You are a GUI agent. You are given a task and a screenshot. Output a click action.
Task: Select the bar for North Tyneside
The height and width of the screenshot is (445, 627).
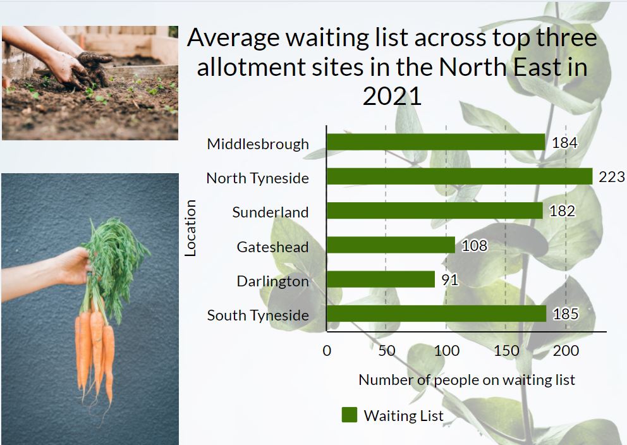click(x=460, y=176)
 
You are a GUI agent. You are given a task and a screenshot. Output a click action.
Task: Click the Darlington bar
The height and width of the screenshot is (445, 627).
click(x=380, y=279)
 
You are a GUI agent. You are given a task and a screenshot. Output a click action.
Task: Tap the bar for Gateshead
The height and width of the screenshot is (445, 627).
click(x=391, y=245)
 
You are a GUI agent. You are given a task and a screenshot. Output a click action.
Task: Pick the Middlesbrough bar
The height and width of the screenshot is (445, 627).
click(x=436, y=142)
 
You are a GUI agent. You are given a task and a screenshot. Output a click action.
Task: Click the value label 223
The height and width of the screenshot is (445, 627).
click(x=611, y=177)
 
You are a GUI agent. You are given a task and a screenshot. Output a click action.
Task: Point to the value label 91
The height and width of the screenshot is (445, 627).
click(x=450, y=279)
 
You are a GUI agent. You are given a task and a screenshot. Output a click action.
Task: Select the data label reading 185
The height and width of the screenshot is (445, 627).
click(x=566, y=314)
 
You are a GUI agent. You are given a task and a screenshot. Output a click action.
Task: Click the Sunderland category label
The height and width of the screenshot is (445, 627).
click(x=271, y=212)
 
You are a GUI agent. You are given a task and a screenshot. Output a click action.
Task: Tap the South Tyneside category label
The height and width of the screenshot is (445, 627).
click(x=258, y=315)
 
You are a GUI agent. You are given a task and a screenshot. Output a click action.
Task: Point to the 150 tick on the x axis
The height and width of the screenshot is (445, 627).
click(x=506, y=351)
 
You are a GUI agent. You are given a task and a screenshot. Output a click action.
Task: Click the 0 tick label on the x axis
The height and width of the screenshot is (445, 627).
click(x=327, y=351)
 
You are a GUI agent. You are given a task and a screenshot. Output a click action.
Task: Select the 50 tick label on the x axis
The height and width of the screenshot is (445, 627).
click(x=387, y=351)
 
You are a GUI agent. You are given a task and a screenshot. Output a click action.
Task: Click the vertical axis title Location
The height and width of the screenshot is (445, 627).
click(x=190, y=228)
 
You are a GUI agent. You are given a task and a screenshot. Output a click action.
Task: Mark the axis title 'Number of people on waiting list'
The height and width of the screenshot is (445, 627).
click(x=466, y=380)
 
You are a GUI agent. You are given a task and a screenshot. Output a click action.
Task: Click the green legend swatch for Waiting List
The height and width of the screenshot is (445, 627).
click(x=349, y=415)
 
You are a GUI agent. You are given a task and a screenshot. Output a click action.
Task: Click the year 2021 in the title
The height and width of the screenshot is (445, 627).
click(x=392, y=96)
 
